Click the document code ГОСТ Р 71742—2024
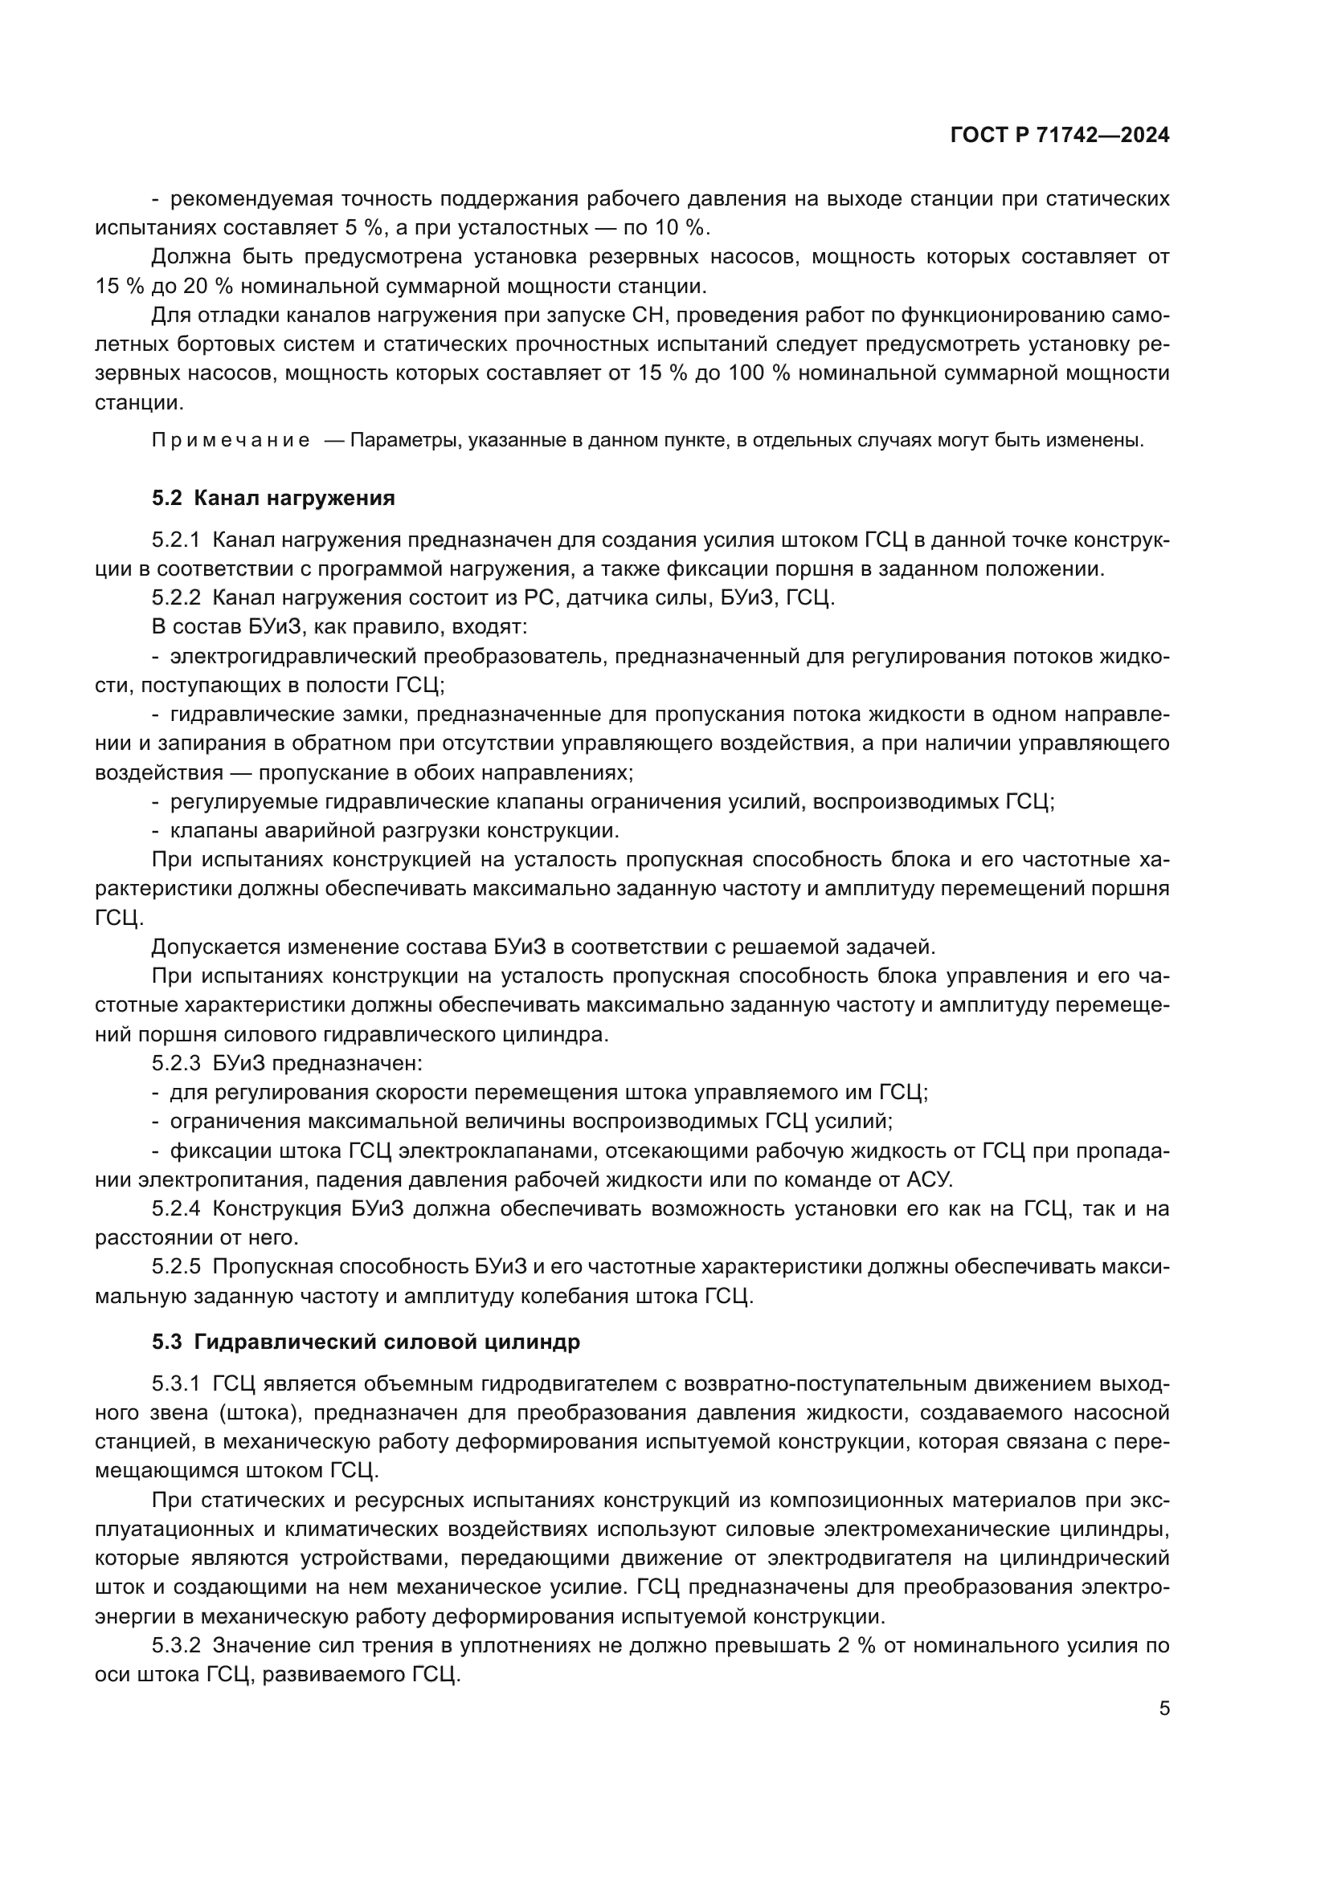point(1060,136)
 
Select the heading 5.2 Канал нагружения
point(273,498)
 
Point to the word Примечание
point(231,441)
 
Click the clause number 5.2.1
point(176,540)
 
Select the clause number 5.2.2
point(176,598)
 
